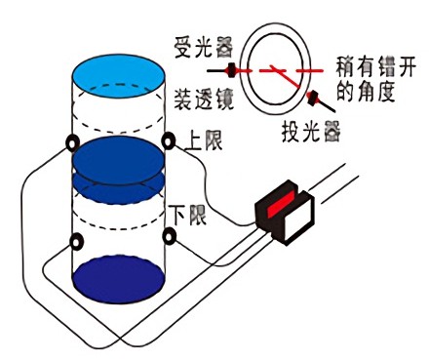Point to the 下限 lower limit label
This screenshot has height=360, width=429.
point(190,214)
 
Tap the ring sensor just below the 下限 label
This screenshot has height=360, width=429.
point(171,234)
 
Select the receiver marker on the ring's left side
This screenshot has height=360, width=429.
point(232,70)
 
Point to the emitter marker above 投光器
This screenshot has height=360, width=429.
point(314,98)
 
